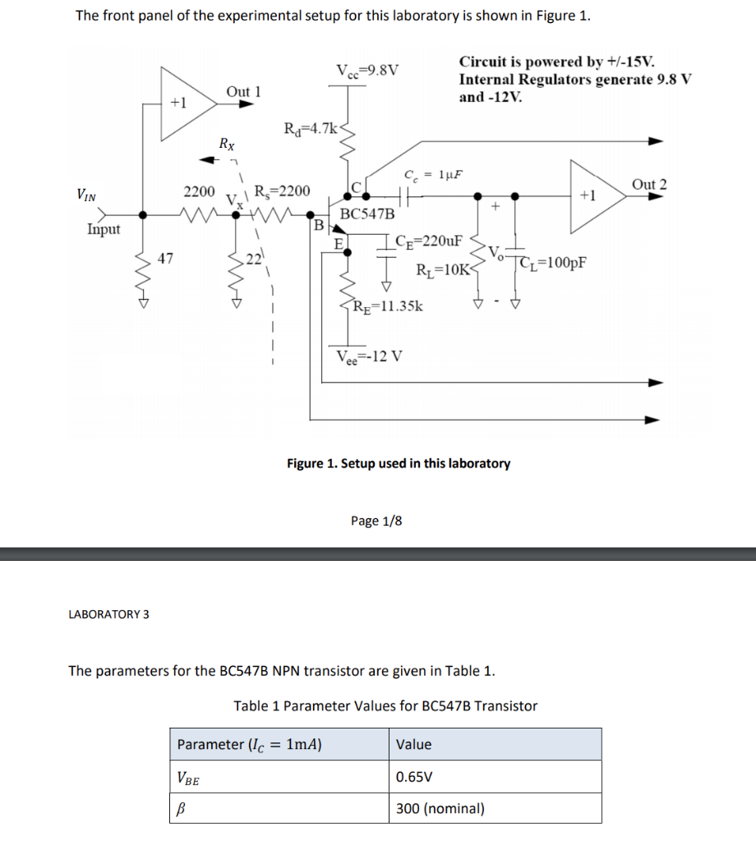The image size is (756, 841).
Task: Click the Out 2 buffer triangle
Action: coord(589,195)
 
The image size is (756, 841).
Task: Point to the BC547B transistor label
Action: coord(366,214)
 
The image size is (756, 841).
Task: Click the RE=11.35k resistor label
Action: coord(387,307)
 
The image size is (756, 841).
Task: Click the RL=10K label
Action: coord(442,269)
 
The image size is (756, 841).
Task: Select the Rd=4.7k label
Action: coord(309,128)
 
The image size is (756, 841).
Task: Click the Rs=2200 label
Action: coord(282,191)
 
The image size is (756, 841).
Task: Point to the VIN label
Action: coord(85,195)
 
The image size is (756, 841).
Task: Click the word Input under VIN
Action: coord(104,229)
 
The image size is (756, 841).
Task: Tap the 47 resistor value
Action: coord(165,260)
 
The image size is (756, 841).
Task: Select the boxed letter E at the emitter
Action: coord(338,243)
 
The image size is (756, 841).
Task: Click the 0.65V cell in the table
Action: coord(414,776)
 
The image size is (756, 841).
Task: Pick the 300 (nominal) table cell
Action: coord(440,808)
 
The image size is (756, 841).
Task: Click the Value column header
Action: coord(413,744)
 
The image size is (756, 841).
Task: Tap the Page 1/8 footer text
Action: coord(376,521)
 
